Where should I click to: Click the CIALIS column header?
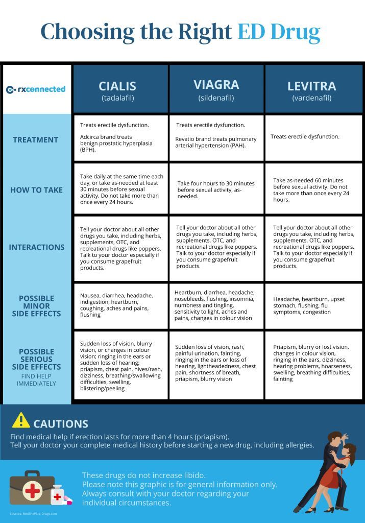click(117, 86)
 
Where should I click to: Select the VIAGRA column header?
click(216, 84)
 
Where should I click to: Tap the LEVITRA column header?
click(311, 86)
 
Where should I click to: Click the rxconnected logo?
click(36, 89)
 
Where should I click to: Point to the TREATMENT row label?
click(36, 139)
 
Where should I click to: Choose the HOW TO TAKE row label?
click(36, 190)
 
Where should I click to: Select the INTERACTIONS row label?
click(37, 247)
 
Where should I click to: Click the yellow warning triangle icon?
click(21, 420)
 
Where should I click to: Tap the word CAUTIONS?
click(61, 424)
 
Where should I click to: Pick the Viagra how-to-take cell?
click(216, 189)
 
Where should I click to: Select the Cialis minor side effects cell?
click(120, 305)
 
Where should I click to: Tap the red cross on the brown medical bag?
click(32, 491)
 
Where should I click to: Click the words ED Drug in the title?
click(279, 32)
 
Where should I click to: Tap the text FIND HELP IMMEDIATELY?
click(36, 380)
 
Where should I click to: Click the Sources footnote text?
click(33, 513)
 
